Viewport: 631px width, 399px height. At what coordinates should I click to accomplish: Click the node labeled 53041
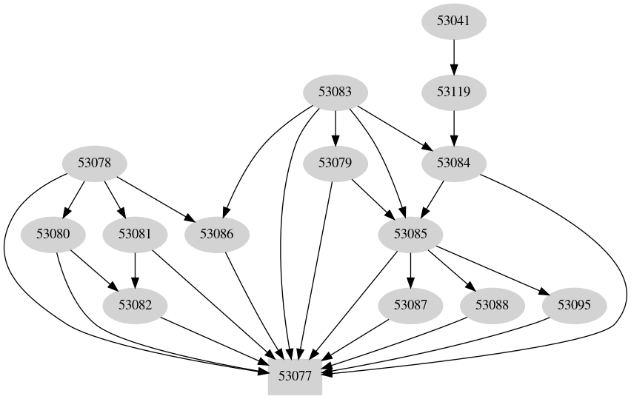(453, 21)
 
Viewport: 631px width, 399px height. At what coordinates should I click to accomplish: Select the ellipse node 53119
(453, 93)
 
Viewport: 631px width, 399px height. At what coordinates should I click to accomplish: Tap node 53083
(335, 93)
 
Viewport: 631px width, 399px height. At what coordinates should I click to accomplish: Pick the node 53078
(94, 163)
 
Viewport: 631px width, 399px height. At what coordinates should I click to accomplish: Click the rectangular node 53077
(295, 375)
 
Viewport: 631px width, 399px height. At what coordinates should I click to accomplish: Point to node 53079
(335, 163)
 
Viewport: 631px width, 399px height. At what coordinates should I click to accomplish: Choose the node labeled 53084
(453, 163)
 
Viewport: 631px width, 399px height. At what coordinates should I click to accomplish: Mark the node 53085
(410, 235)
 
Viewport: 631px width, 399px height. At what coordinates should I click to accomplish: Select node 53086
(217, 235)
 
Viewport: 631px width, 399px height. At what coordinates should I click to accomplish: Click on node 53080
(53, 235)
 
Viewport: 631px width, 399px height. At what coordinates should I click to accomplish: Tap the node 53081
(135, 235)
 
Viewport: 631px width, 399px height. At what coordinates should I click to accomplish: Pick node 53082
(135, 305)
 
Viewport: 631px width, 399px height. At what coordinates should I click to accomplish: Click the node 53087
(410, 305)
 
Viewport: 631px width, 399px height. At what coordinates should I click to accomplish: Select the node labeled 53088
(492, 305)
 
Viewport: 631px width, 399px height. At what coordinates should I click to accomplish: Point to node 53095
(574, 305)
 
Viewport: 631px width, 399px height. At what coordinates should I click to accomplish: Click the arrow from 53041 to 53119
(453, 56)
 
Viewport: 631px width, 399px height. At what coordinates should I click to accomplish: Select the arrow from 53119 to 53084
(453, 127)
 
